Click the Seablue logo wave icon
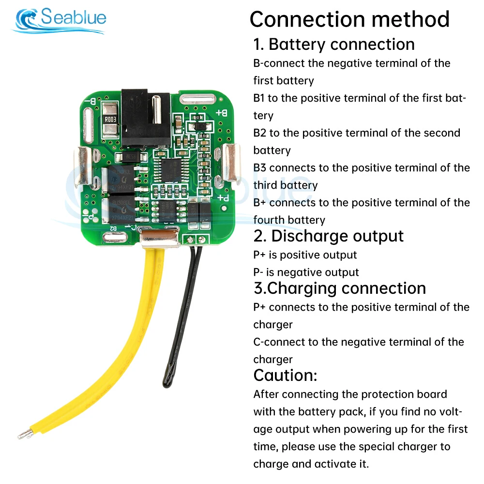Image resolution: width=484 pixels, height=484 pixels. point(27,18)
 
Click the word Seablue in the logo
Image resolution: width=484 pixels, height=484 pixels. point(74,16)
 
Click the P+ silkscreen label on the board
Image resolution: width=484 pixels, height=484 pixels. point(223,198)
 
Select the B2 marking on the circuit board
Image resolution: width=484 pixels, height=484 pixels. point(113,228)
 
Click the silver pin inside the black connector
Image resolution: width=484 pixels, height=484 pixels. point(156,109)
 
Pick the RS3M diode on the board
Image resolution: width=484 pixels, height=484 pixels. point(131,157)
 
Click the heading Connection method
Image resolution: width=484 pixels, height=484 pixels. point(349,19)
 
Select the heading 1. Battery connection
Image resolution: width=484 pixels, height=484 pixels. point(333,44)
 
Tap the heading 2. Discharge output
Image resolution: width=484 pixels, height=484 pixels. point(328,236)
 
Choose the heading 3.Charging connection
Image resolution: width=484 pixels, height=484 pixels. point(340,288)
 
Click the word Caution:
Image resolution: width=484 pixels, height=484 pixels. point(285,376)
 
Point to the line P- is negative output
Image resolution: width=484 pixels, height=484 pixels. point(306,272)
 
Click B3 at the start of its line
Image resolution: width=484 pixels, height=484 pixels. point(259,167)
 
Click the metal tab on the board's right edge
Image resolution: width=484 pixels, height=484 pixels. point(230,162)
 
